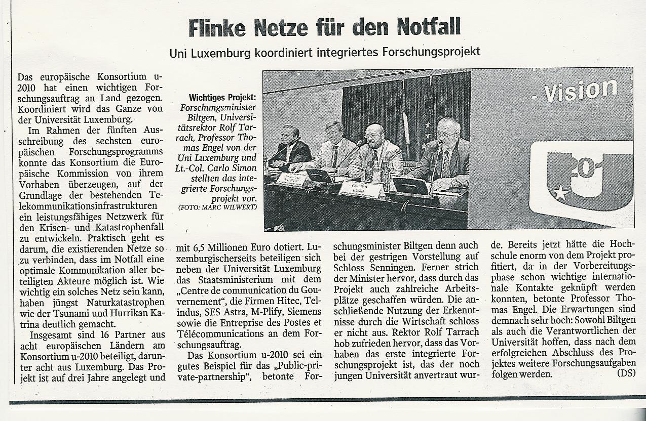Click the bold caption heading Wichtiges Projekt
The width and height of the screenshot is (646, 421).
[222, 98]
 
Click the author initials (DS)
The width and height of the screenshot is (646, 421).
[626, 373]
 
